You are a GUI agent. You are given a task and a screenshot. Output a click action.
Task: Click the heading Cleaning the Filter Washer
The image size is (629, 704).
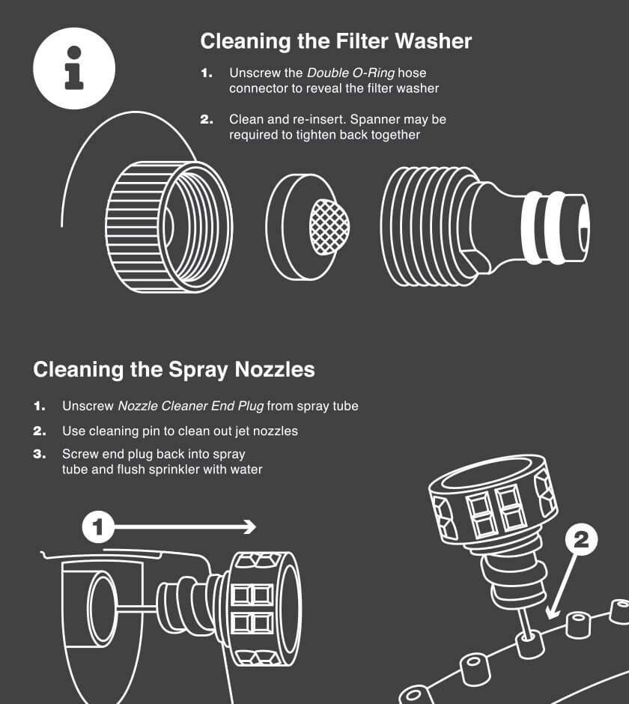click(x=335, y=40)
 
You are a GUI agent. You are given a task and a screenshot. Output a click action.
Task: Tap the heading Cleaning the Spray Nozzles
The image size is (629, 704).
click(x=174, y=369)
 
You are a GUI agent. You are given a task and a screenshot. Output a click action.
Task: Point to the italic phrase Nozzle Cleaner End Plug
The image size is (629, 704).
click(x=190, y=406)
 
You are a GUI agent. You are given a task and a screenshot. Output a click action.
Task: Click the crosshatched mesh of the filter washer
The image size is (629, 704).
click(x=329, y=227)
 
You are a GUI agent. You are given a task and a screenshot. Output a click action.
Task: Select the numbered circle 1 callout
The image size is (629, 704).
click(x=97, y=527)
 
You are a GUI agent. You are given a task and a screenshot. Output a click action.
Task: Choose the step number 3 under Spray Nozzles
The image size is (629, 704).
click(x=39, y=454)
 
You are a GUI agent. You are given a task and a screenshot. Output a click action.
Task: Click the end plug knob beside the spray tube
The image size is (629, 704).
click(x=262, y=608)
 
